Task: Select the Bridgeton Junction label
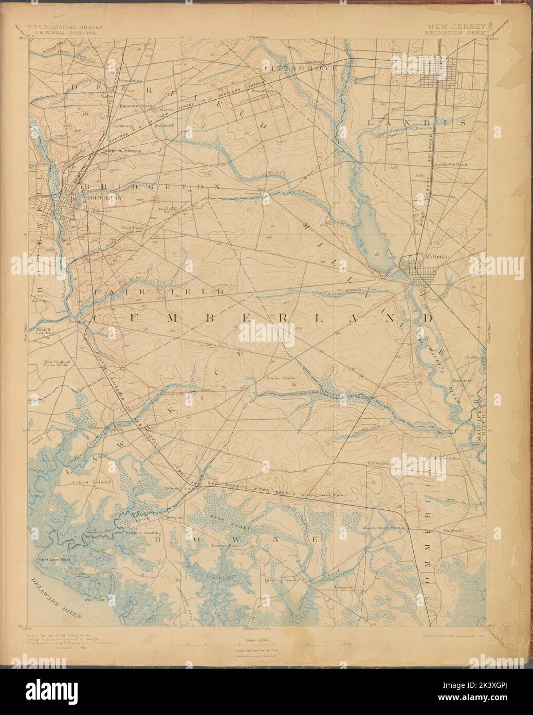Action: click(122, 151)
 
